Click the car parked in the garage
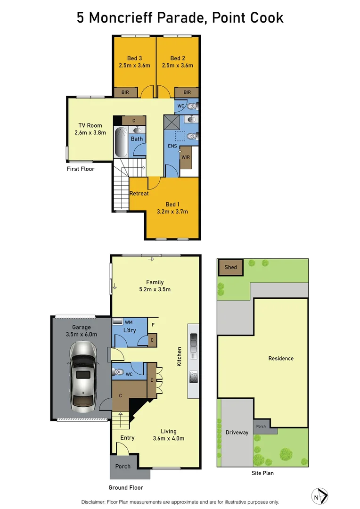click(x=83, y=375)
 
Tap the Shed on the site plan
click(x=230, y=267)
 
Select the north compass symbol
click(x=320, y=496)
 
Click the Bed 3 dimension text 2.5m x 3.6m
click(x=134, y=66)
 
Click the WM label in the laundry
click(x=129, y=322)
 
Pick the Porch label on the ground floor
click(x=123, y=466)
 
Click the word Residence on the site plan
click(x=281, y=358)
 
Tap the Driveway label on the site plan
click(x=237, y=432)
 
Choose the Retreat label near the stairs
click(x=139, y=193)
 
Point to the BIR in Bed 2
click(x=187, y=92)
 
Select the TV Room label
click(x=90, y=125)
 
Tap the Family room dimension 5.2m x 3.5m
click(x=155, y=289)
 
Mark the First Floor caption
click(x=80, y=168)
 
